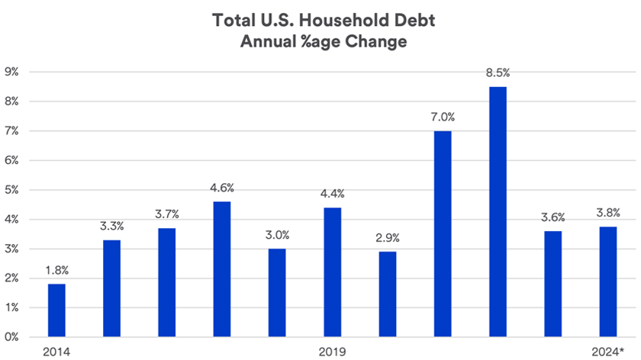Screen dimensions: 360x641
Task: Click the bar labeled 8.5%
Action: pos(498,211)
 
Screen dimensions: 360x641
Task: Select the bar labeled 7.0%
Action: pos(443,233)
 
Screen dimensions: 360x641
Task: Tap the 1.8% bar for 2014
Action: pos(56,310)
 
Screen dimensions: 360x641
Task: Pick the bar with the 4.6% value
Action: pos(222,268)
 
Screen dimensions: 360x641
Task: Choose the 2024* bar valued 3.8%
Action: pos(607,281)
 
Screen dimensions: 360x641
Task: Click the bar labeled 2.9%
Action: pos(388,294)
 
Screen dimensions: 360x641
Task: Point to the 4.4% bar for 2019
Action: pos(332,272)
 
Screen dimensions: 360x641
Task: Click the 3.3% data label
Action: pos(112,226)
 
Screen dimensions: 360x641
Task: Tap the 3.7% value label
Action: pos(167,214)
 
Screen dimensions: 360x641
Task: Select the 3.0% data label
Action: pos(277,235)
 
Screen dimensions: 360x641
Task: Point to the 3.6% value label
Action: pos(552,217)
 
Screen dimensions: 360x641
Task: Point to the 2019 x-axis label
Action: pos(332,352)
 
